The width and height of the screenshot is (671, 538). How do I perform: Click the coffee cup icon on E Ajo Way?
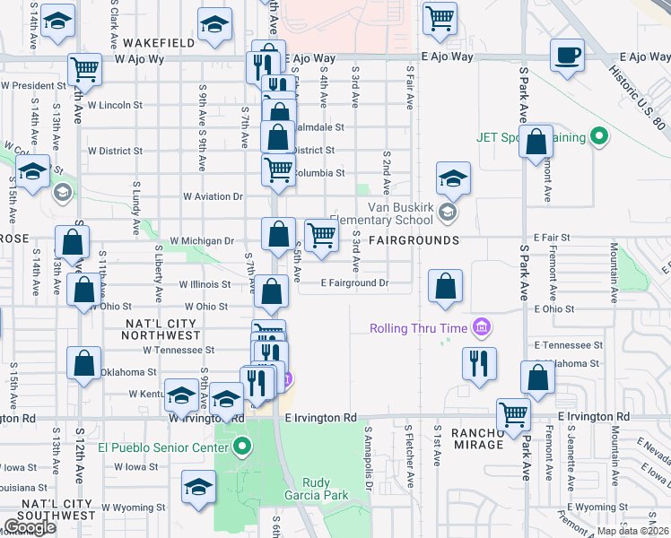566,56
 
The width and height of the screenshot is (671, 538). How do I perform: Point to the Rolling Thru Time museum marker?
483,327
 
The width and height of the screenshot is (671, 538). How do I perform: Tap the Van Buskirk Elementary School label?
382,220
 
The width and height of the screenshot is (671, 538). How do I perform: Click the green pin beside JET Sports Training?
600,137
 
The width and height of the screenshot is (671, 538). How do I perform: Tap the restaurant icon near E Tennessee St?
477,363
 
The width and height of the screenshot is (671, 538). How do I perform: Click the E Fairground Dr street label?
355,283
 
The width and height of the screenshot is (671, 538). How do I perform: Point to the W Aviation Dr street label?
213,195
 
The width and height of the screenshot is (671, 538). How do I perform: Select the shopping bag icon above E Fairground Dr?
445,287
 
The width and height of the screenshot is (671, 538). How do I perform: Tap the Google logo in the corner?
30,526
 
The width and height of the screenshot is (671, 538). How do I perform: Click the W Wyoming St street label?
132,508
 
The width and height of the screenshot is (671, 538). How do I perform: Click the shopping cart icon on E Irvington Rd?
514,414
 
